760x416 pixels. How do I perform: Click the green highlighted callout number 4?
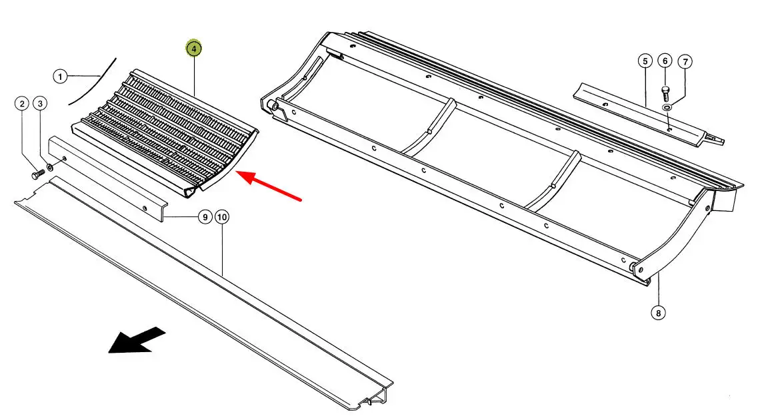(x=193, y=49)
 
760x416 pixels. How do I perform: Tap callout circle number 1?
(x=59, y=77)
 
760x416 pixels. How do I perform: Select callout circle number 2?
(x=21, y=104)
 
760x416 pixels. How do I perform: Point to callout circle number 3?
(x=40, y=104)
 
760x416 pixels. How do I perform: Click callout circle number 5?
(x=645, y=61)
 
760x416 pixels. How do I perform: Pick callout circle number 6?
(x=665, y=61)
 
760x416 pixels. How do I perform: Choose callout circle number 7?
(x=685, y=62)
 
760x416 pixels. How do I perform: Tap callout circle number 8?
(x=658, y=313)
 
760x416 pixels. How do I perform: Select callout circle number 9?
(x=205, y=217)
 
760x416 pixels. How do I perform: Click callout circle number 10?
(x=221, y=217)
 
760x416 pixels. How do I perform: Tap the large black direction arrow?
(x=137, y=340)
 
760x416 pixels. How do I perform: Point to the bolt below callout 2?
(x=38, y=174)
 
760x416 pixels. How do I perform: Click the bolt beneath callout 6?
(x=665, y=93)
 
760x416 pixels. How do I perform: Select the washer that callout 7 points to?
(x=667, y=107)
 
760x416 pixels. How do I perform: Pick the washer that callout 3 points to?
(x=49, y=168)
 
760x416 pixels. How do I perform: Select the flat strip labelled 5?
(x=648, y=114)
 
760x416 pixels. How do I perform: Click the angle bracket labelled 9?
(x=107, y=178)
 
